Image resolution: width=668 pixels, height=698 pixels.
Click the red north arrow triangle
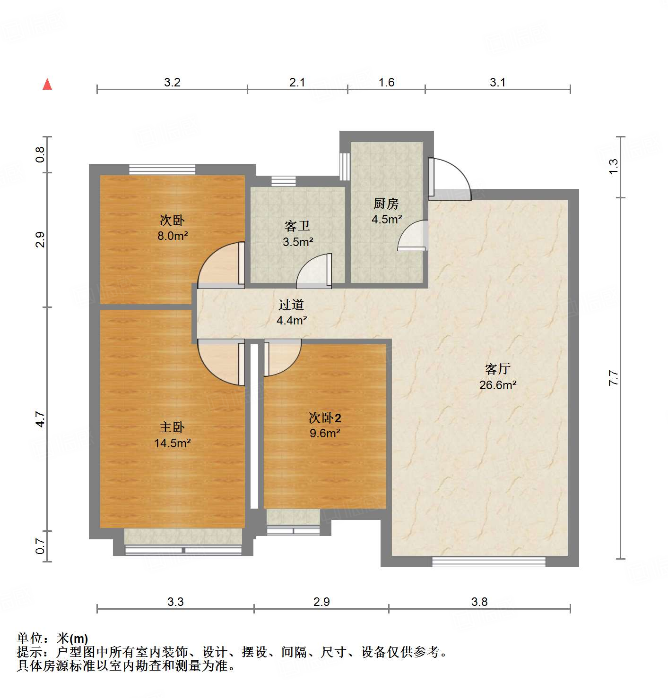click(x=47, y=84)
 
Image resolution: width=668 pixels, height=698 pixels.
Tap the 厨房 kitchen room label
click(x=386, y=204)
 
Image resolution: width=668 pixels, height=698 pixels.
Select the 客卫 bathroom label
click(x=297, y=227)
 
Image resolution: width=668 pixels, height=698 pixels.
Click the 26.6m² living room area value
click(x=498, y=385)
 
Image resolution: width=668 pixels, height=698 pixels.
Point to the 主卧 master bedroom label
click(x=172, y=427)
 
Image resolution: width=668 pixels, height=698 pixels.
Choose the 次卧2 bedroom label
click(x=325, y=418)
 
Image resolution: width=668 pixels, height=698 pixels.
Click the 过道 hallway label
click(x=291, y=305)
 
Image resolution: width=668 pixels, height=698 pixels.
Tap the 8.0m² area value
click(x=173, y=235)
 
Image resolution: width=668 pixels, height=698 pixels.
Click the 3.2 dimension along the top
click(x=172, y=82)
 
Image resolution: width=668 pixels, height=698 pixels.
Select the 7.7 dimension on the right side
click(x=613, y=378)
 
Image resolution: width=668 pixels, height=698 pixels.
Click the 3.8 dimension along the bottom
click(x=479, y=602)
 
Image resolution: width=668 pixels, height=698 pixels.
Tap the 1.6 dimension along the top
click(x=386, y=82)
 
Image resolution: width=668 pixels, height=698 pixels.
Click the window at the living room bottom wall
click(x=488, y=562)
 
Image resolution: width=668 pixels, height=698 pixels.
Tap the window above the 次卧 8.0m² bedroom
click(x=162, y=169)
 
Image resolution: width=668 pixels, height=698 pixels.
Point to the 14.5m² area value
click(x=172, y=443)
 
